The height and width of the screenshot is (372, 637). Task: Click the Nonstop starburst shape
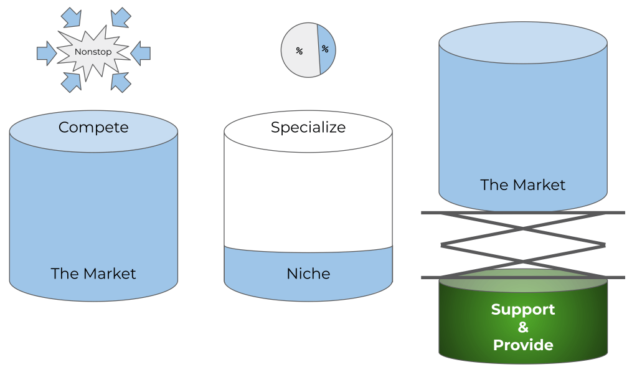pos(93,52)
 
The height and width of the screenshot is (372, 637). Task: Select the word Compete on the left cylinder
pos(93,128)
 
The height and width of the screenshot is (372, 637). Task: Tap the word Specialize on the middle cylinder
pos(308,128)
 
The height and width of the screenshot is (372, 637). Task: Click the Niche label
pos(308,274)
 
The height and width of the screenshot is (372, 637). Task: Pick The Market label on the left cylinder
pos(93,274)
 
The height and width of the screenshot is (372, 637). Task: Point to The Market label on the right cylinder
pos(522,185)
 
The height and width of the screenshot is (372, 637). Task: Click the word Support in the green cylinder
pos(522,310)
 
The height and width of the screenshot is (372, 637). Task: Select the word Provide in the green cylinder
pos(522,345)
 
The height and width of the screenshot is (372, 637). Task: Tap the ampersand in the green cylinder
pos(522,328)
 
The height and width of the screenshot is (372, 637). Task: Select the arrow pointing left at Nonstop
pos(141,52)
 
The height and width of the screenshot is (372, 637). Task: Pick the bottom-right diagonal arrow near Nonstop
pos(120,81)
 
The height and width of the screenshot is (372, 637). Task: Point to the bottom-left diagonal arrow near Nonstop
pos(70,81)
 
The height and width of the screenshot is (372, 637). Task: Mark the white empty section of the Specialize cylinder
pos(308,193)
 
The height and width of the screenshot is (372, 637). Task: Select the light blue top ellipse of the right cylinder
pos(522,42)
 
